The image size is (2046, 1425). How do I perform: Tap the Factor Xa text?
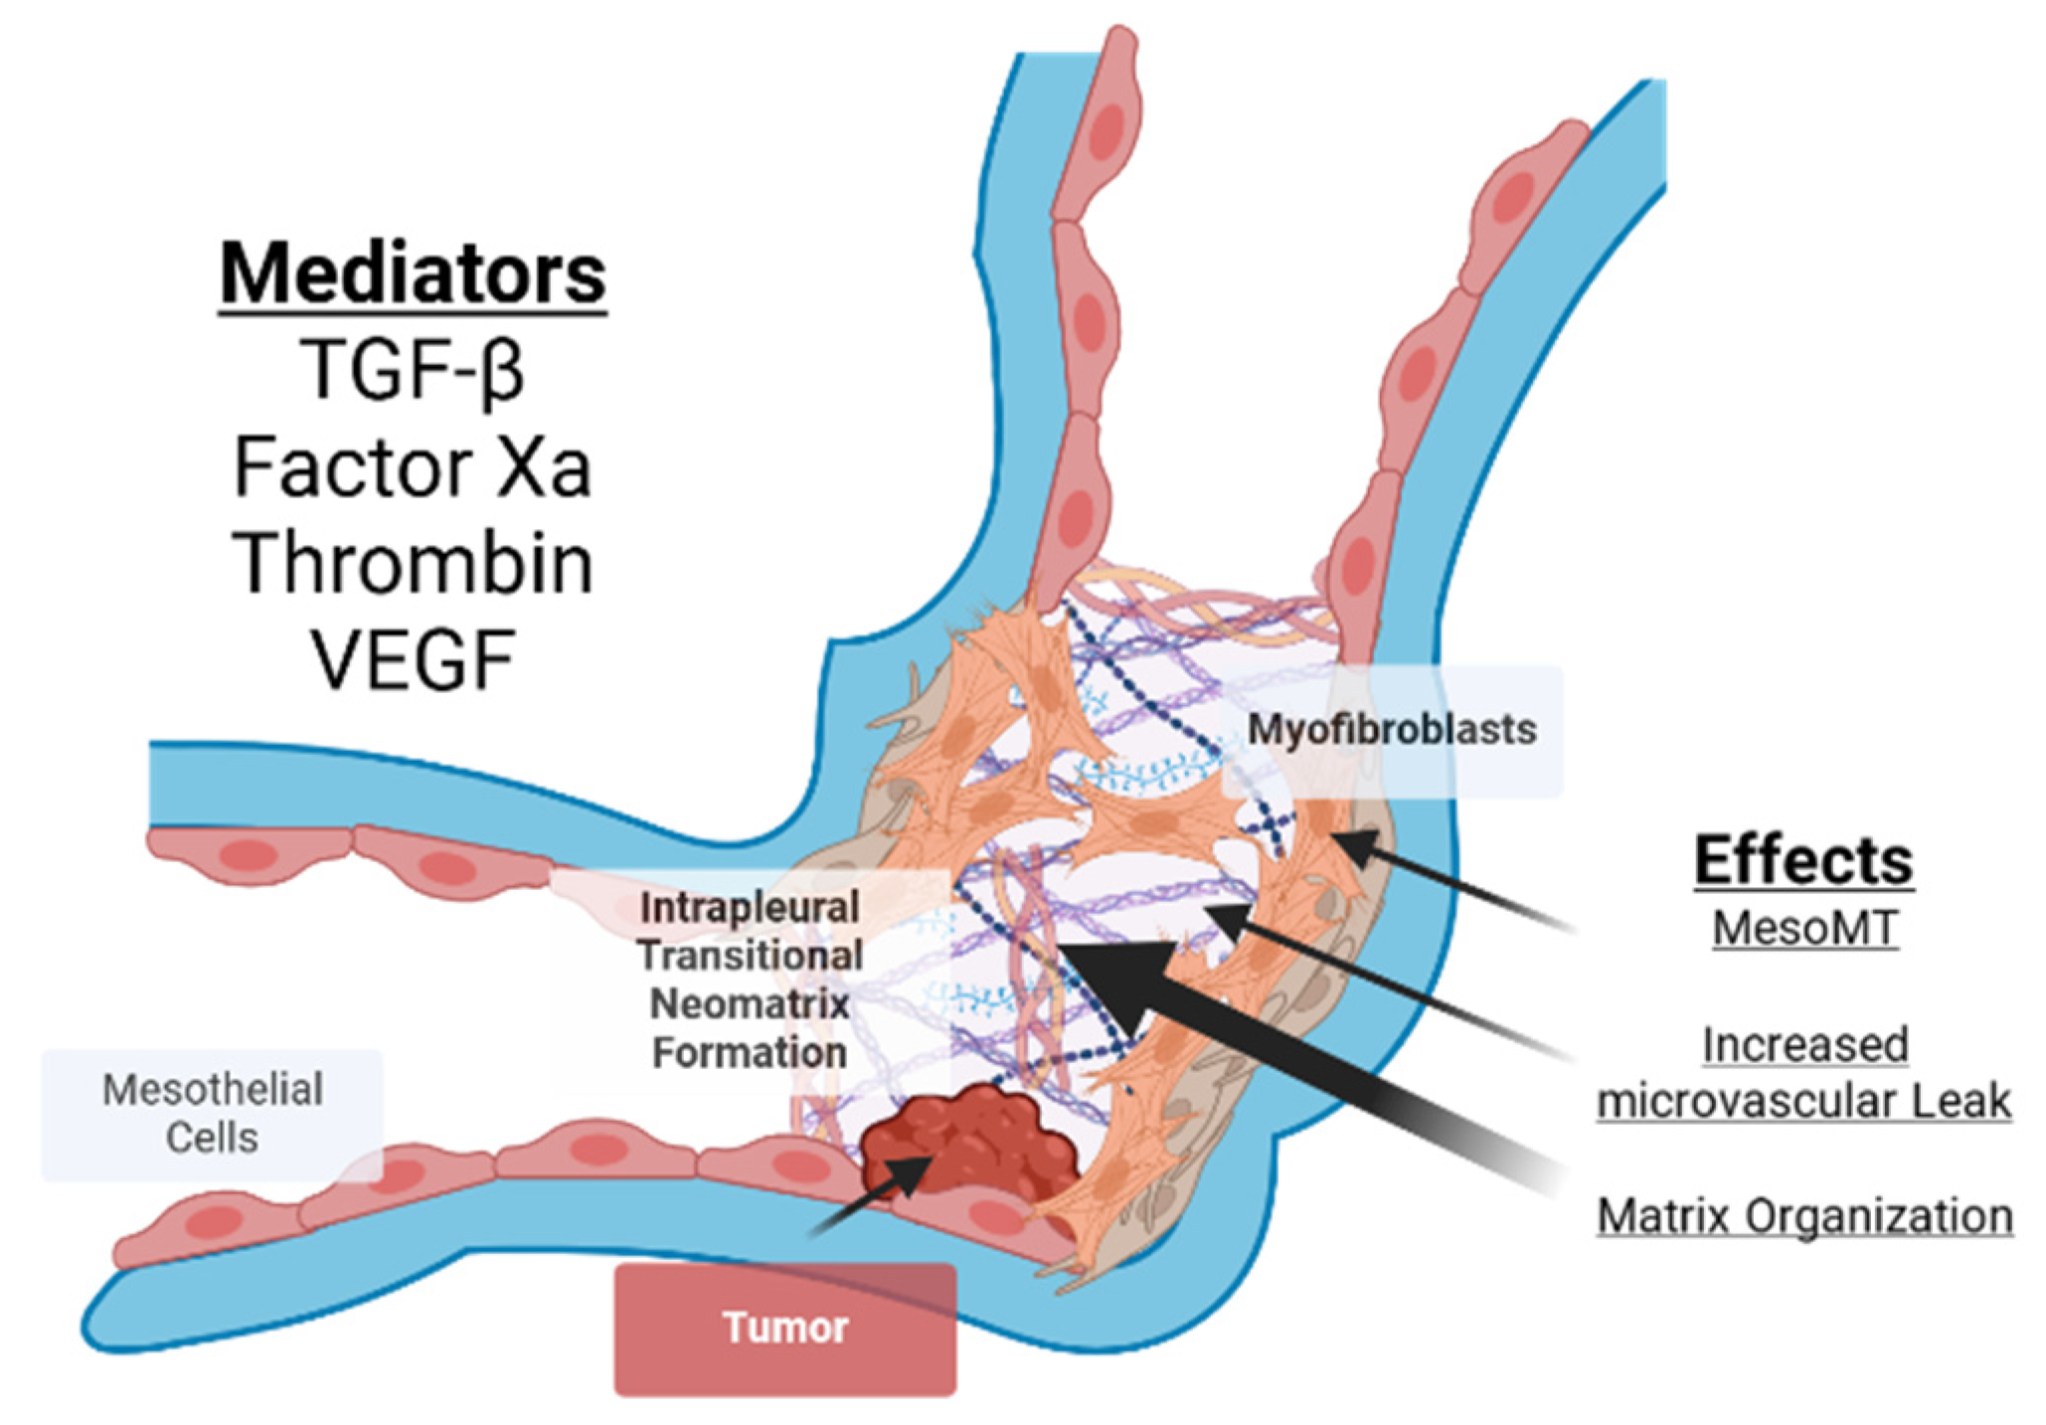pyautogui.click(x=413, y=467)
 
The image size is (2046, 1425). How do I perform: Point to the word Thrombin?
pyautogui.click(x=414, y=563)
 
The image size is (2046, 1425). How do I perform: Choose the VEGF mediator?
pyautogui.click(x=414, y=658)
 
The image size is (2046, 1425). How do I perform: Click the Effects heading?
pyautogui.click(x=1803, y=860)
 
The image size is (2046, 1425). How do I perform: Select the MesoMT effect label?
pyautogui.click(x=1804, y=928)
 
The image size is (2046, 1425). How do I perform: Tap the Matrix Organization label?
pyautogui.click(x=1804, y=1215)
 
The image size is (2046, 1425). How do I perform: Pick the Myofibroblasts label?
pyautogui.click(x=1392, y=730)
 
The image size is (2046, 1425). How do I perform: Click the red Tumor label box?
pyautogui.click(x=785, y=1328)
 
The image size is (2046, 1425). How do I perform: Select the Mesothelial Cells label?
pyautogui.click(x=213, y=1114)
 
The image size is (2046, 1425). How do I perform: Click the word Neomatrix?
pyautogui.click(x=750, y=1004)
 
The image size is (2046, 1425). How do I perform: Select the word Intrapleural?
pyautogui.click(x=750, y=908)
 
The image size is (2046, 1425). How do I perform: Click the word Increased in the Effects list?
pyautogui.click(x=1804, y=1045)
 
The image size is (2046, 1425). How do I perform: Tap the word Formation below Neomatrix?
pyautogui.click(x=750, y=1053)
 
